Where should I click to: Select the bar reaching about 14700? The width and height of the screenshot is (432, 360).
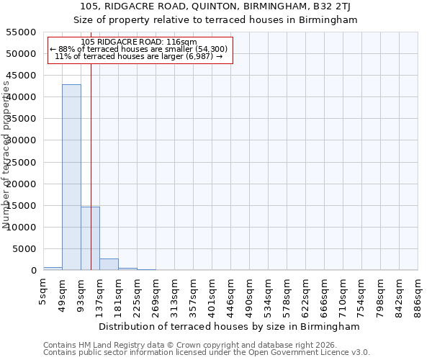click(x=90, y=238)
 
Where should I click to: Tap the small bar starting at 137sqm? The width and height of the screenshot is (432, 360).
click(x=109, y=264)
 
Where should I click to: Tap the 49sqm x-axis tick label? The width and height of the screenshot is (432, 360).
click(x=62, y=295)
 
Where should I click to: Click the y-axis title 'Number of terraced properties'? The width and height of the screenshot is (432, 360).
click(x=7, y=155)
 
